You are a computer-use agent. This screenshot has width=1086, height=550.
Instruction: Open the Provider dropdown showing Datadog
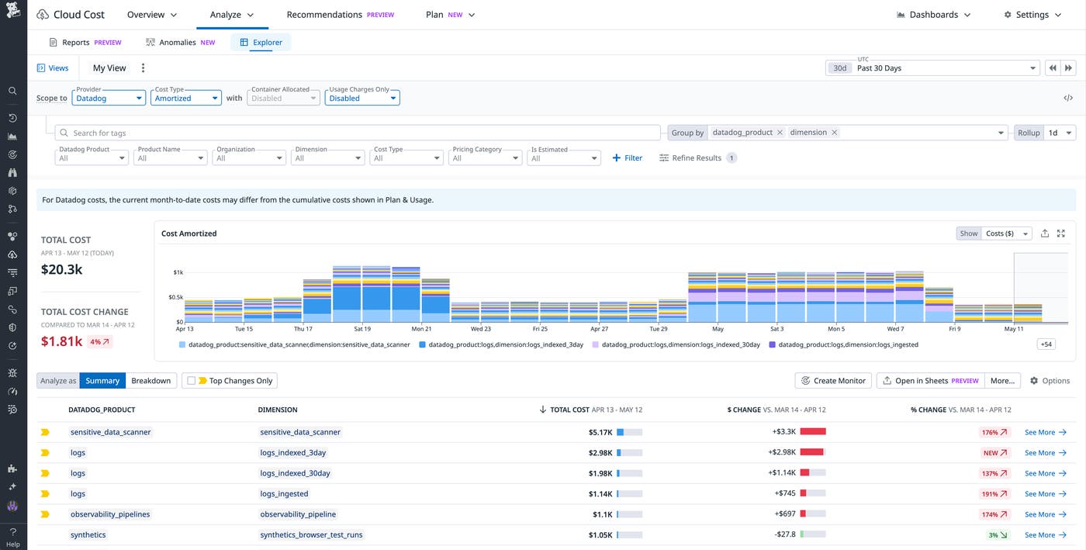(109, 98)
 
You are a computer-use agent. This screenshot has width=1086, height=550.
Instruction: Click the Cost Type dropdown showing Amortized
(187, 98)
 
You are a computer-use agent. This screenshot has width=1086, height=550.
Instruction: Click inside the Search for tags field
(357, 133)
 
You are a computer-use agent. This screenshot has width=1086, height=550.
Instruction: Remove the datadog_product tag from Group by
(780, 133)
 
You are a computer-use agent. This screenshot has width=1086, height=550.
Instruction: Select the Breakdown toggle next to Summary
(150, 381)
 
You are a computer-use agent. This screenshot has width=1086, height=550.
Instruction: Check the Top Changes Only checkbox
(192, 381)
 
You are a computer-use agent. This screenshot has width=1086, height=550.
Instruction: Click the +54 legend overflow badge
(1046, 344)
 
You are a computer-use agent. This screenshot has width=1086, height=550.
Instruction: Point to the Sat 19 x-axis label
(362, 329)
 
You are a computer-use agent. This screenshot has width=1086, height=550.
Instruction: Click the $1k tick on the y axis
(178, 272)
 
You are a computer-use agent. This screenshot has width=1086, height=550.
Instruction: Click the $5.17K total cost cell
(600, 432)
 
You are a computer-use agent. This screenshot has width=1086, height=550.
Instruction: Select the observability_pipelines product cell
(110, 514)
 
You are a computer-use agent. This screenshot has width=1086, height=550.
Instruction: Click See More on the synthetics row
(1045, 535)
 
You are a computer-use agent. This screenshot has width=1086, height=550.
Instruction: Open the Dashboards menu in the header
(933, 15)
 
